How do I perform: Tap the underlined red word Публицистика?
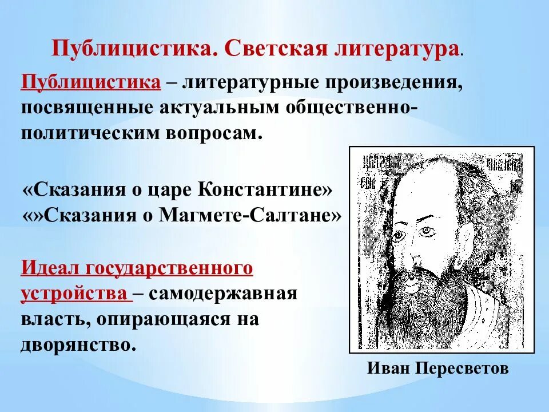[x=91, y=81]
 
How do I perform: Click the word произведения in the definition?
[x=394, y=82]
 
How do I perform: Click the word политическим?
[x=92, y=134]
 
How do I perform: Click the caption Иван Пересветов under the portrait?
[x=437, y=369]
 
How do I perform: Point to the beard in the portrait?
[x=426, y=309]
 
